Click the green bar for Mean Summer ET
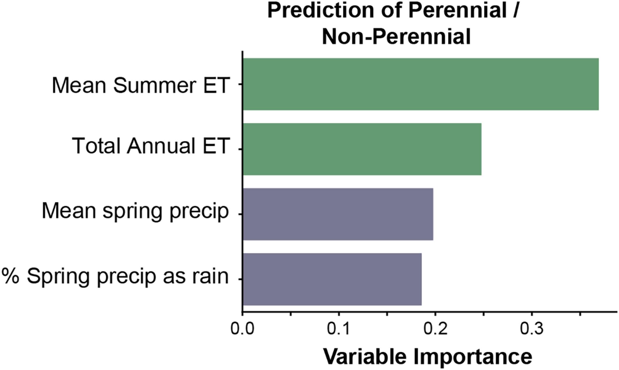coord(421,84)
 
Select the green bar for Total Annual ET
coord(362,149)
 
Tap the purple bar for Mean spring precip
coord(338,214)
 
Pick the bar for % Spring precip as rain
coord(332,279)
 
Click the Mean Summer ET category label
coord(141,85)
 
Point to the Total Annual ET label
coord(151,146)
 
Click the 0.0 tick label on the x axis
coord(242,329)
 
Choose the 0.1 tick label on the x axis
coord(339,329)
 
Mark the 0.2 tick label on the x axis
coord(435,329)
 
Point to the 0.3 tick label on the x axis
coord(532,329)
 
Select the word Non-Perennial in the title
coord(396,37)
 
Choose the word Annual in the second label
coord(161,146)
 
